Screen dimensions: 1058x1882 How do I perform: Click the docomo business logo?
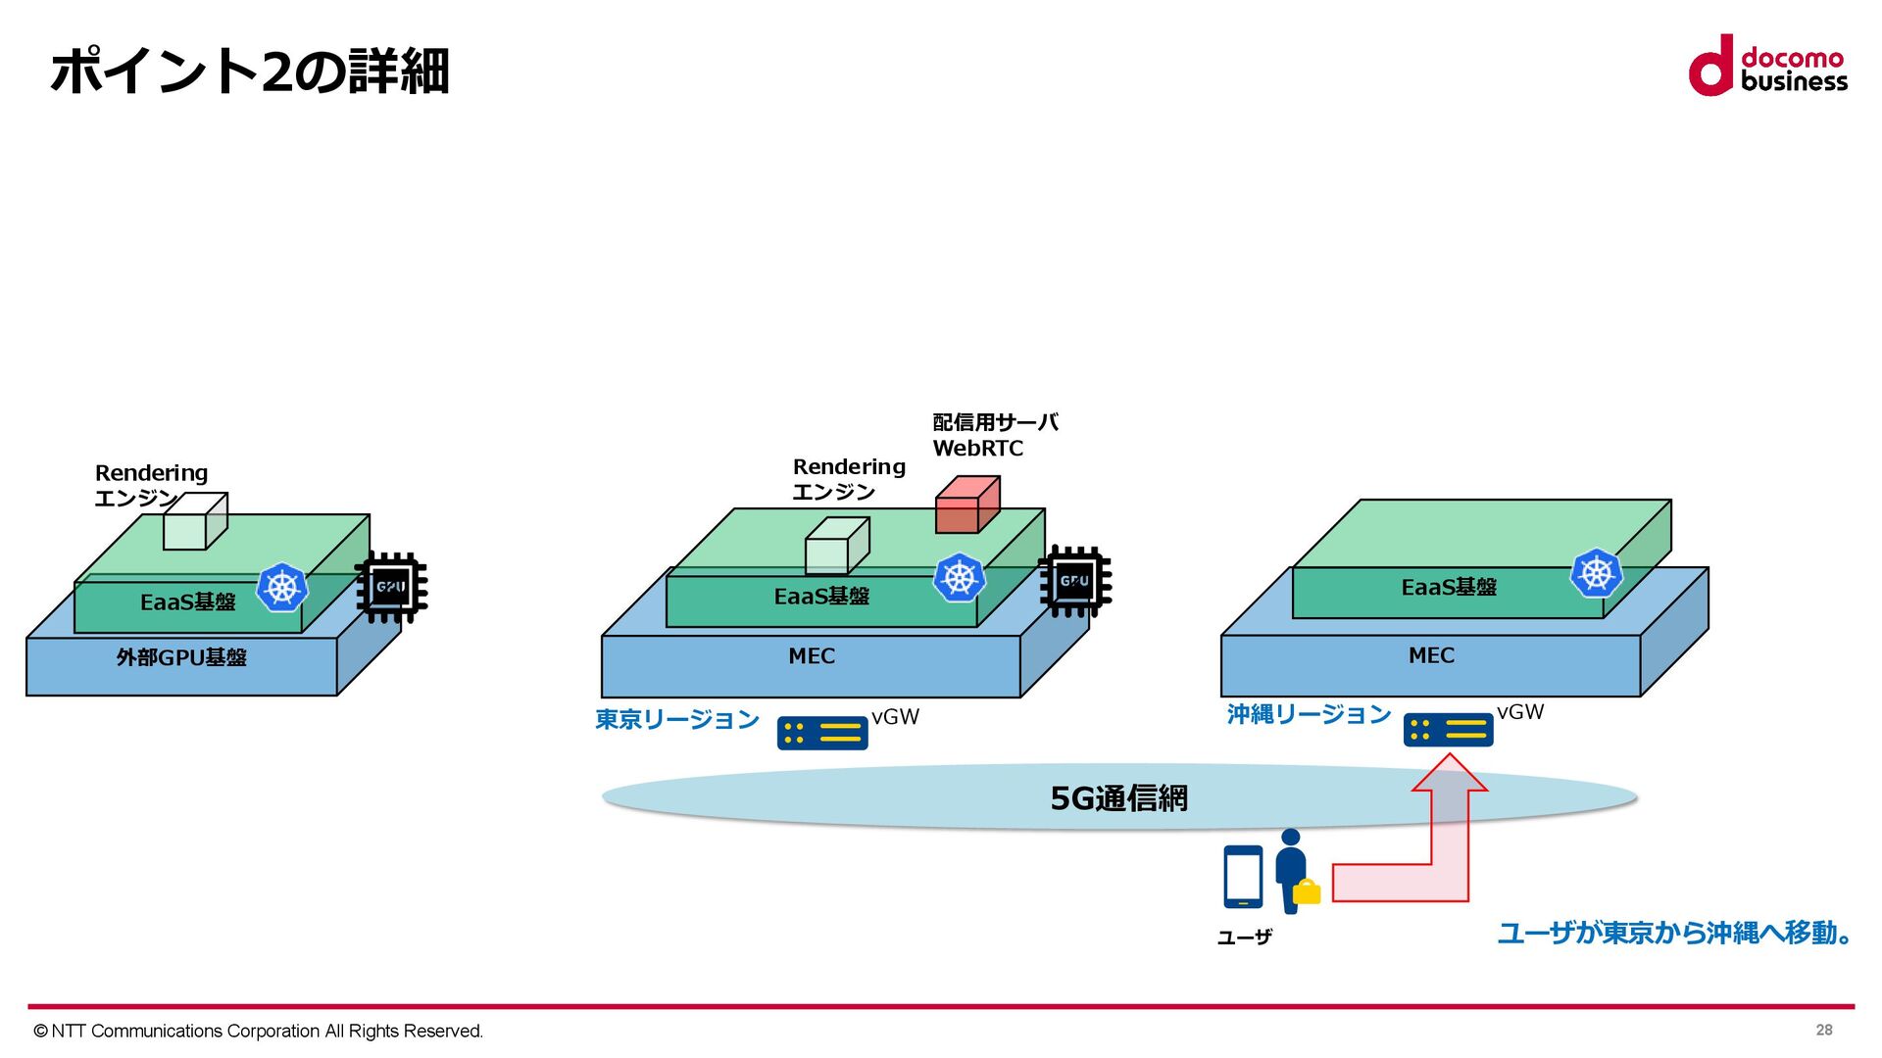pyautogui.click(x=1767, y=67)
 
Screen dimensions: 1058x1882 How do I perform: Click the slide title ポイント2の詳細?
pyautogui.click(x=250, y=72)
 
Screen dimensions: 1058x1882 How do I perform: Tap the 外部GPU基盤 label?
pyautogui.click(x=181, y=657)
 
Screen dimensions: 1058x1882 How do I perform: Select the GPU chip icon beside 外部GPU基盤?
pyautogui.click(x=391, y=587)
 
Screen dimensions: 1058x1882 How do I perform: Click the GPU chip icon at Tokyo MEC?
pyautogui.click(x=1074, y=581)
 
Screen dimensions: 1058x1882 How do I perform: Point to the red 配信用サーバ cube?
pyautogui.click(x=966, y=505)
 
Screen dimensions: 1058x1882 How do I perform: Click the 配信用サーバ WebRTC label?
pyautogui.click(x=994, y=435)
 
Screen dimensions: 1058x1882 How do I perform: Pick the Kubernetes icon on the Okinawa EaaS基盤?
pyautogui.click(x=1596, y=573)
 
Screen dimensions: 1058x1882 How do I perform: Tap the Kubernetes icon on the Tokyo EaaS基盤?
pyautogui.click(x=959, y=578)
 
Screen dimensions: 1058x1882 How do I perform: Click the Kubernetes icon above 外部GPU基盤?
pyautogui.click(x=282, y=588)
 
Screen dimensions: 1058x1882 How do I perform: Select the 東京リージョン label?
pyautogui.click(x=677, y=720)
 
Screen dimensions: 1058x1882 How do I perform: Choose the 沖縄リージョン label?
pyautogui.click(x=1309, y=715)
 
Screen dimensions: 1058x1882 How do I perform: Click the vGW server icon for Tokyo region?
pyautogui.click(x=821, y=733)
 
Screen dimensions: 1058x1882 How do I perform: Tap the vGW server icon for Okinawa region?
pyautogui.click(x=1448, y=730)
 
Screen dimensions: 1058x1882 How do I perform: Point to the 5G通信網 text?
pyautogui.click(x=1118, y=798)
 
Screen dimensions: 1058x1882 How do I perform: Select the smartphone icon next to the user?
pyautogui.click(x=1243, y=877)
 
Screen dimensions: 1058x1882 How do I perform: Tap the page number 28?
pyautogui.click(x=1823, y=1030)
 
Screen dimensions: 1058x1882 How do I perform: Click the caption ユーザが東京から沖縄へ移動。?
pyautogui.click(x=1674, y=933)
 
